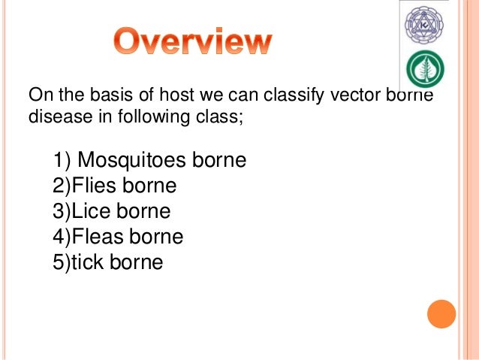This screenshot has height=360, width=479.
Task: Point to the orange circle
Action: (441, 314)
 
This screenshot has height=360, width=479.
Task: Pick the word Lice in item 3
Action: (92, 212)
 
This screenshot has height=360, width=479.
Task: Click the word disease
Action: (55, 116)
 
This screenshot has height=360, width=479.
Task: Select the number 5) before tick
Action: (62, 263)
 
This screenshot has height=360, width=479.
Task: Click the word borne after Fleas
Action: (157, 237)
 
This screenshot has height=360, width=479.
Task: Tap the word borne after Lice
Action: (144, 212)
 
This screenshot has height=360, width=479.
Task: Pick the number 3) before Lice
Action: (62, 212)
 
